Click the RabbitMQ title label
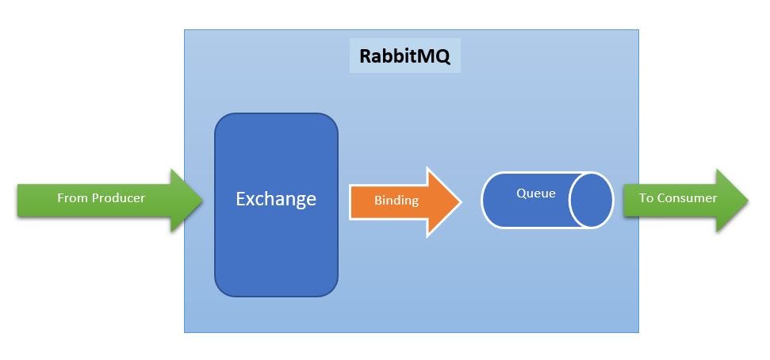[404, 56]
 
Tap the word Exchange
[276, 199]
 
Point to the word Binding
[396, 201]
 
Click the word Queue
[536, 193]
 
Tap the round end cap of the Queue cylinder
[591, 200]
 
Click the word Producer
[118, 198]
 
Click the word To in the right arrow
[646, 198]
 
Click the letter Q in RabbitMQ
[442, 57]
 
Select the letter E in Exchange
[240, 199]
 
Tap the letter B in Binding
[378, 201]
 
